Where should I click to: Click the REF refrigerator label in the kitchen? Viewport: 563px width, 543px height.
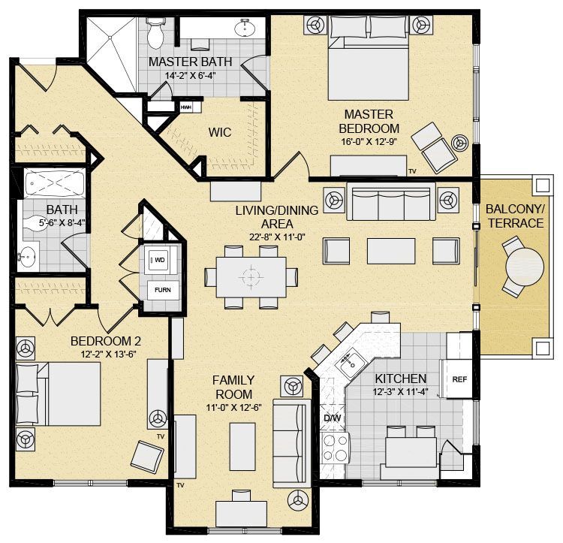pyautogui.click(x=459, y=379)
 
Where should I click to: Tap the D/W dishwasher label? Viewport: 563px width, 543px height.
pyautogui.click(x=332, y=418)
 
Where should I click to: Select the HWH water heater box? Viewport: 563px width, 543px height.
pyautogui.click(x=186, y=107)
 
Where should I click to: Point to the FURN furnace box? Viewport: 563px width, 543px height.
pyautogui.click(x=163, y=290)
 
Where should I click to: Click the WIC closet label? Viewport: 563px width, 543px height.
pyautogui.click(x=220, y=132)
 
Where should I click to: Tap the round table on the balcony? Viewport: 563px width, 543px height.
pyautogui.click(x=525, y=267)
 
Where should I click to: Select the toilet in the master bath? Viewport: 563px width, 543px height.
pyautogui.click(x=155, y=33)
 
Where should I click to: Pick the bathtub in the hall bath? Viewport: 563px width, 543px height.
pyautogui.click(x=55, y=184)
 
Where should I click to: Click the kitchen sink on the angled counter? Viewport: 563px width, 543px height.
pyautogui.click(x=349, y=363)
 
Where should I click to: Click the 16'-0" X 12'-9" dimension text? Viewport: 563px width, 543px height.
pyautogui.click(x=369, y=141)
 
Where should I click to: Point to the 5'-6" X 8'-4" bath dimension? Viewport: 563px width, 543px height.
pyautogui.click(x=62, y=222)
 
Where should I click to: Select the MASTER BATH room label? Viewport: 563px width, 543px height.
pyautogui.click(x=191, y=62)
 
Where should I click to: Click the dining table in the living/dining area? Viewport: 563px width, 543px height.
pyautogui.click(x=251, y=277)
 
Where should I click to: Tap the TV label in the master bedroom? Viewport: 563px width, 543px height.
pyautogui.click(x=412, y=172)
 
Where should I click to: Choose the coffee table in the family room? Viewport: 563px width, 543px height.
pyautogui.click(x=242, y=447)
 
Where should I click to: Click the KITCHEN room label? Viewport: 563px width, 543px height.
pyautogui.click(x=401, y=379)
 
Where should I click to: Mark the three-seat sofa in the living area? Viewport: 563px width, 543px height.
pyautogui.click(x=391, y=201)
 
